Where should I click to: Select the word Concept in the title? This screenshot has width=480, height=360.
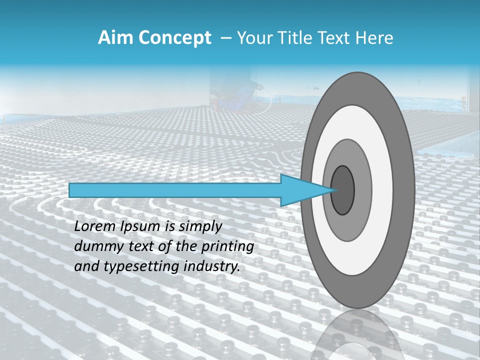pyautogui.click(x=174, y=38)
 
